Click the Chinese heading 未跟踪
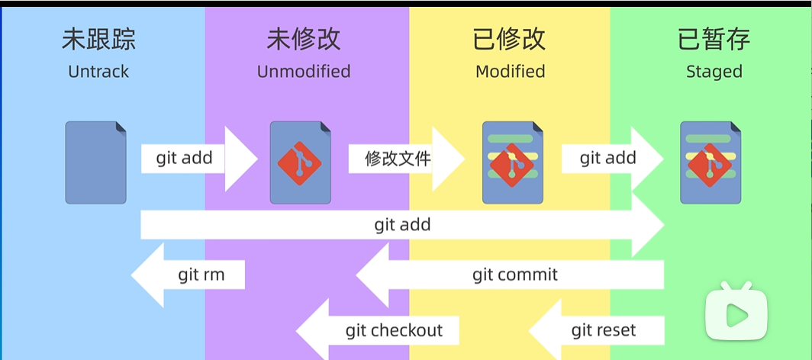click(99, 40)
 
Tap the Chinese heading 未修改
click(304, 40)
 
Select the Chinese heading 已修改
click(510, 40)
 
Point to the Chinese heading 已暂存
click(714, 40)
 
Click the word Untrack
click(98, 72)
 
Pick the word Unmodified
click(304, 72)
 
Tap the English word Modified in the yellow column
click(510, 72)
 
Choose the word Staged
click(714, 72)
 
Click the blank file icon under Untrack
click(96, 162)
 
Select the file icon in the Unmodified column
click(301, 162)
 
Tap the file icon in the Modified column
click(513, 162)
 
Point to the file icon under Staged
click(710, 162)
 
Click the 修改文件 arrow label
click(398, 159)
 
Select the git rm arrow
click(188, 275)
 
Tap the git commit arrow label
click(515, 274)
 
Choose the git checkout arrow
click(378, 330)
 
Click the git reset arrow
click(596, 330)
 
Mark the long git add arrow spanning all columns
click(402, 225)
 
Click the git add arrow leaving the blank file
click(199, 159)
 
